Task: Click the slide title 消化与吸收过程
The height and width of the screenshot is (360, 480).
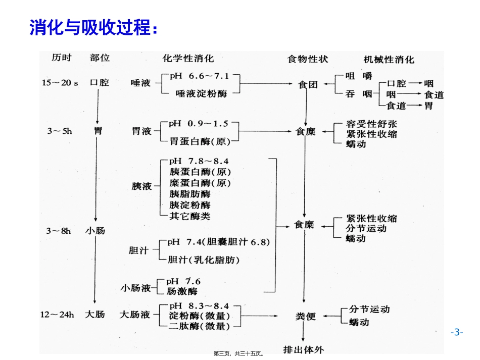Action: (93, 28)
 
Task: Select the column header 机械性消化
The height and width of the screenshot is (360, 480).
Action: (389, 60)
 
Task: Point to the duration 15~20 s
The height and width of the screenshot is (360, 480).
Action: (60, 83)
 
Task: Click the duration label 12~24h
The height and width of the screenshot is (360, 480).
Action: (57, 315)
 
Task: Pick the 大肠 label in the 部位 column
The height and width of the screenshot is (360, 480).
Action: (95, 314)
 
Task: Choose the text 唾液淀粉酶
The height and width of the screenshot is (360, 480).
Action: (201, 93)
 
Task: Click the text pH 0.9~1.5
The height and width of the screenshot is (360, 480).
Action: (199, 123)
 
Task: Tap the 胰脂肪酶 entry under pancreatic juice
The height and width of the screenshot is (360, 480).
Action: (190, 194)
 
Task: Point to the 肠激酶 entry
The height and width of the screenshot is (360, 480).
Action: (183, 291)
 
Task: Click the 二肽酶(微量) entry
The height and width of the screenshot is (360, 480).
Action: (199, 326)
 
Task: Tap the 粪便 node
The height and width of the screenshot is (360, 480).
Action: (305, 317)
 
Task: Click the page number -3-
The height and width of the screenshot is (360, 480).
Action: (457, 332)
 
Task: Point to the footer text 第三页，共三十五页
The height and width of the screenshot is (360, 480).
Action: (239, 354)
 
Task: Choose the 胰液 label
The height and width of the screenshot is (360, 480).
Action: (141, 186)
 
